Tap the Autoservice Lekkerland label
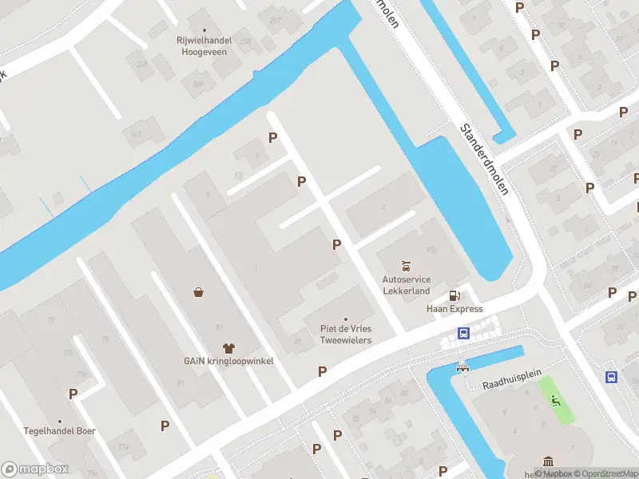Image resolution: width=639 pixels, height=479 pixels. coord(407,285)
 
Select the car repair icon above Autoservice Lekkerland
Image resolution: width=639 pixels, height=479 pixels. coord(407,266)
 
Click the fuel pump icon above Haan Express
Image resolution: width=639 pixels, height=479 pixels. coord(454,295)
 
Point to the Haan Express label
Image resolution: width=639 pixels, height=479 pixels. coord(454,309)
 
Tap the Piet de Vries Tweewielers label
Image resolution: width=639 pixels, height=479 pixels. coord(346,335)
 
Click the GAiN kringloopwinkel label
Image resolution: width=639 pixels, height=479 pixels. coord(228,361)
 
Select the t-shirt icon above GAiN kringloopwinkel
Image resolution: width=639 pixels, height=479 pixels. coord(228,347)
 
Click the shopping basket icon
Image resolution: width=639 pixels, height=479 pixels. coord(198,292)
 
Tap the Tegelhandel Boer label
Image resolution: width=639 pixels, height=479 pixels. coord(59,431)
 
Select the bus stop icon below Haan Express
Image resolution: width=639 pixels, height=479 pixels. coord(463,334)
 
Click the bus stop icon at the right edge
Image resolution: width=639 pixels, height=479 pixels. coord(612,378)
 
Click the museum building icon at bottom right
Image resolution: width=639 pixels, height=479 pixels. coord(549,461)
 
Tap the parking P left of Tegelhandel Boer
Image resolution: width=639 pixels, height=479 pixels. coord(73,394)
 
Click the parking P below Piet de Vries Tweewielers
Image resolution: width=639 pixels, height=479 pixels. coord(323,371)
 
